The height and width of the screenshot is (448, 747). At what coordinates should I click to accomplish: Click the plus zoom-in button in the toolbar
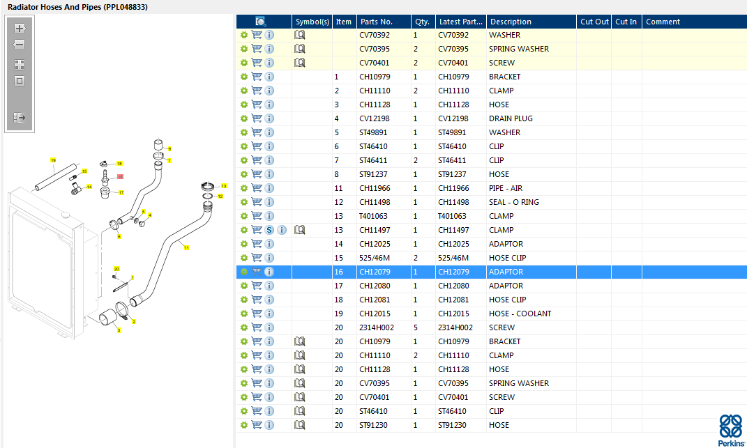[20, 29]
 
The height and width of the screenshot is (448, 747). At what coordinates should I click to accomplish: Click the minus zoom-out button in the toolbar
[20, 45]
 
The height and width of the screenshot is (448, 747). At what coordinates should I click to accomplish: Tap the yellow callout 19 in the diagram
[53, 160]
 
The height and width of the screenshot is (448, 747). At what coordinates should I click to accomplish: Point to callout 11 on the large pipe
[186, 247]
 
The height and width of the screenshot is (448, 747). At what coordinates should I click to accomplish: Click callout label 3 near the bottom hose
[119, 330]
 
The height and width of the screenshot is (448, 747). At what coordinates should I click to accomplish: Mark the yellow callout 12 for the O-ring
[220, 196]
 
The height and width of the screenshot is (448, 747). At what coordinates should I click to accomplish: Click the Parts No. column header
[377, 22]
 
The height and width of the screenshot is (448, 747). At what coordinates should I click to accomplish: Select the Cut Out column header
[594, 22]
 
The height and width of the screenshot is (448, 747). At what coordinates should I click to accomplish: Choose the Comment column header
[663, 22]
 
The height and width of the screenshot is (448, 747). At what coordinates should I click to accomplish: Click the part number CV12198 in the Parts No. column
[375, 118]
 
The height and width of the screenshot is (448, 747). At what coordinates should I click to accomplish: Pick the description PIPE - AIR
[506, 188]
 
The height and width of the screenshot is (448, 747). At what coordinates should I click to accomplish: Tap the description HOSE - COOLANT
[520, 314]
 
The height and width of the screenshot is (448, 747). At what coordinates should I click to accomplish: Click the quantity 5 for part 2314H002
[416, 327]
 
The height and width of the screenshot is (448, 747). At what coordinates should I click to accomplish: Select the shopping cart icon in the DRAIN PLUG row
[257, 118]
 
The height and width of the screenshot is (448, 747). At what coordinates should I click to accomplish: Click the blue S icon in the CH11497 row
[269, 230]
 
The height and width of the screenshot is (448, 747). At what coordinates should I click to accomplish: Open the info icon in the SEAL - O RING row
[269, 202]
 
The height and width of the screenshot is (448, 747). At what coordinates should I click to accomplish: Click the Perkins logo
[730, 430]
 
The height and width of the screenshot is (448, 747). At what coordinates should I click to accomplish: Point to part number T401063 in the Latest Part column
[452, 216]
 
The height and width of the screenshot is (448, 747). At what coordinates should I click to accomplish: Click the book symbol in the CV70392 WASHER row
[300, 35]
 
